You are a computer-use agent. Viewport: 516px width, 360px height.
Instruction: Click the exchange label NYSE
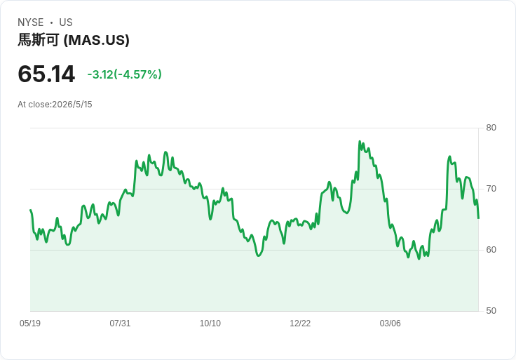point(31,22)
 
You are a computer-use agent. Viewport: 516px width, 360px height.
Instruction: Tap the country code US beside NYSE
point(66,22)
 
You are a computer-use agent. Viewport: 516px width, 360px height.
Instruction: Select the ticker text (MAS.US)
point(97,40)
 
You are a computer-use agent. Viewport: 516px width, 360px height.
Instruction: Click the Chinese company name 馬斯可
point(39,40)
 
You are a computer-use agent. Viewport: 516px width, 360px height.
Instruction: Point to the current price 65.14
point(46,74)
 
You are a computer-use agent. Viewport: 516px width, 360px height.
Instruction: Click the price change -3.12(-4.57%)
point(124,74)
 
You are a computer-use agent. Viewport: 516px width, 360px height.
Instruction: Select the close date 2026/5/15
point(72,105)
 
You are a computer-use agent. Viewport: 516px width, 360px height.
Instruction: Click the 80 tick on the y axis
point(491,128)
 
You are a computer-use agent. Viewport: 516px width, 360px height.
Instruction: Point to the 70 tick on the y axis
point(491,189)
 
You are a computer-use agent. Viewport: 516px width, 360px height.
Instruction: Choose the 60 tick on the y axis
point(491,250)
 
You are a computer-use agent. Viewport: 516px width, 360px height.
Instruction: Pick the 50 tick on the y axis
point(491,311)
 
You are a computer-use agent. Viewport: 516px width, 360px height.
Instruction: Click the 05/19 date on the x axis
point(30,323)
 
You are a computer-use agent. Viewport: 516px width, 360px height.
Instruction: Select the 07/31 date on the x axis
point(120,323)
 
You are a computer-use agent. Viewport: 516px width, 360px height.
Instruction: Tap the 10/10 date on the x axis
point(210,323)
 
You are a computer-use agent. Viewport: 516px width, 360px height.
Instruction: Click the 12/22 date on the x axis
point(300,323)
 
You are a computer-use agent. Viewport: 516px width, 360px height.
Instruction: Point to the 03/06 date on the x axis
point(391,323)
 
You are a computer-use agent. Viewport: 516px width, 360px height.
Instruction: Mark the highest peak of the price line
point(360,141)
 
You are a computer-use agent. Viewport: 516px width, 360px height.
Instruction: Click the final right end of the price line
point(478,218)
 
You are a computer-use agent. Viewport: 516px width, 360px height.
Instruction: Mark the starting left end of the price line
point(31,210)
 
